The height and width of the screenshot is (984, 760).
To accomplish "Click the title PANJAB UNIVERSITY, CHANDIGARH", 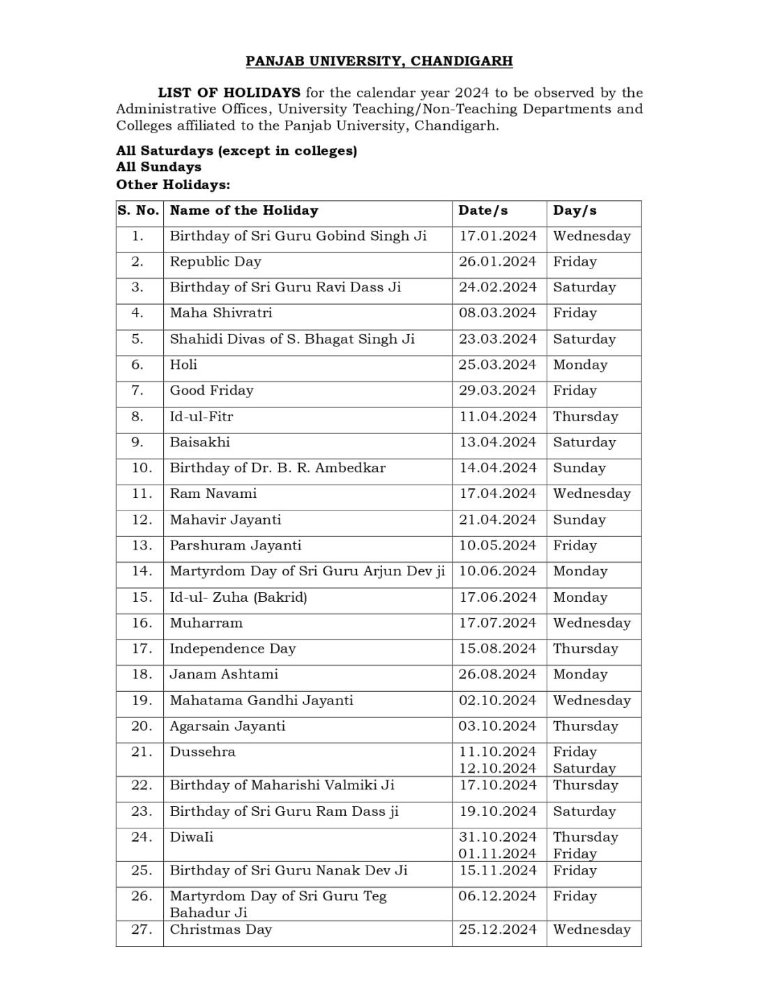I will (379, 61).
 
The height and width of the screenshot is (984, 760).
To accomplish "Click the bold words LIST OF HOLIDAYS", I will (229, 93).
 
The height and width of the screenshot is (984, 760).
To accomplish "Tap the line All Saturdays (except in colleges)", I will (236, 151).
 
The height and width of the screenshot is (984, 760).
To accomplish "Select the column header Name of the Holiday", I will (243, 211).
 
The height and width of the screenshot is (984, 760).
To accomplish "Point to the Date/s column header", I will (482, 211).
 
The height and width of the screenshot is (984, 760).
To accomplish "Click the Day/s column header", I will (575, 211).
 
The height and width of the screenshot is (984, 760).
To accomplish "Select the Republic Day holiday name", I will (215, 262).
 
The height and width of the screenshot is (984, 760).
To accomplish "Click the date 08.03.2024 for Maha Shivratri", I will (497, 313).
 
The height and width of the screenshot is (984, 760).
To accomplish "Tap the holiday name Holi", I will (183, 365).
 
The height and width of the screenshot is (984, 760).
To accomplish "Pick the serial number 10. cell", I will (142, 468).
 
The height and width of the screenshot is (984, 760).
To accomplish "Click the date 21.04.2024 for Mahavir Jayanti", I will (497, 520).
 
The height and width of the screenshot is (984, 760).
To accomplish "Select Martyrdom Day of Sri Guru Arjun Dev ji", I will (307, 571).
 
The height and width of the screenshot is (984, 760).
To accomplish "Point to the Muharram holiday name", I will (206, 623).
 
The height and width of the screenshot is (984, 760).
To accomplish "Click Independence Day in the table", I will (232, 649).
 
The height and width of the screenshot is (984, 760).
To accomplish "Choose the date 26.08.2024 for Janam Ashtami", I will (497, 674).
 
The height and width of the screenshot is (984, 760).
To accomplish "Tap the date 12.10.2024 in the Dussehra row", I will (497, 769).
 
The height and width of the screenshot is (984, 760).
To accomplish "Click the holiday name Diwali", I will (191, 837).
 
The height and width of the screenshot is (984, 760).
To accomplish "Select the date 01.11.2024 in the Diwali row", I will (497, 854).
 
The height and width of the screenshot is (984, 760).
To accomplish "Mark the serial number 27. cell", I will (142, 930).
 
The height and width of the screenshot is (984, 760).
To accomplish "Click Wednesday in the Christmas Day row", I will (591, 930).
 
